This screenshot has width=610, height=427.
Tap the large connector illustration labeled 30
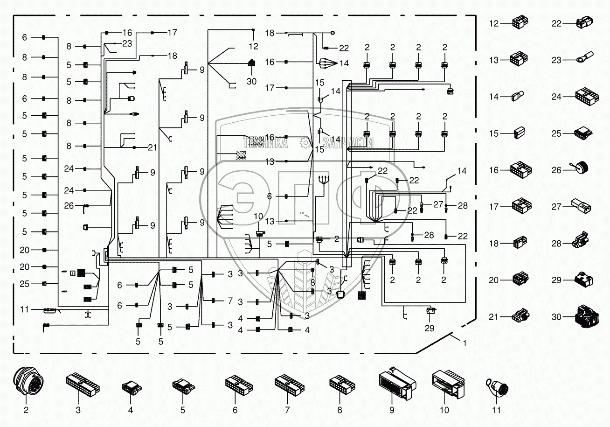click(x=584, y=317)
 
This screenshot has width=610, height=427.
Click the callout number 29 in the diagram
click(x=429, y=328)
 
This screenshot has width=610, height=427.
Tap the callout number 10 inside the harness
click(x=258, y=216)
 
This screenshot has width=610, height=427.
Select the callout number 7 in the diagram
click(x=230, y=301)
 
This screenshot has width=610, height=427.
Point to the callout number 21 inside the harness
click(x=152, y=148)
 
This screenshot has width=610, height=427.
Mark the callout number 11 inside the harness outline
click(x=24, y=309)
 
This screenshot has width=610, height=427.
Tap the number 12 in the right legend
click(x=494, y=23)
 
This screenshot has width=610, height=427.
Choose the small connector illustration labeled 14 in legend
click(x=516, y=97)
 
